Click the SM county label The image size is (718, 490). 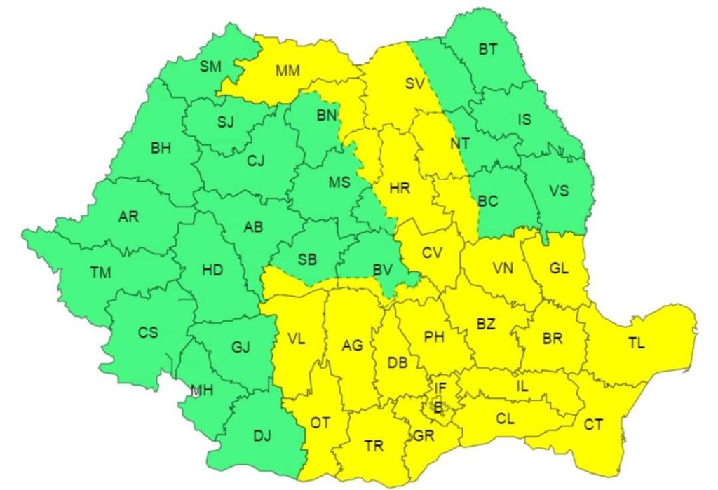(x=210, y=67)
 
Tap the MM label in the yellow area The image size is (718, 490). (x=287, y=71)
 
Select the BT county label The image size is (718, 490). (x=488, y=49)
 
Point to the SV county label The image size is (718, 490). (x=416, y=83)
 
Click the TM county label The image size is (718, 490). (x=101, y=273)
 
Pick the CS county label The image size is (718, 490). (x=147, y=332)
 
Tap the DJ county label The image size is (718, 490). (x=262, y=436)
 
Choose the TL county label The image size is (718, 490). (x=637, y=343)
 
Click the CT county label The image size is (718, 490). (x=593, y=424)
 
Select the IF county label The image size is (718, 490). (x=440, y=387)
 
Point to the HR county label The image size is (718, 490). (x=400, y=188)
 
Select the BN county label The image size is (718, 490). (x=326, y=115)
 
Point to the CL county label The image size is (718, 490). (x=505, y=420)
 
